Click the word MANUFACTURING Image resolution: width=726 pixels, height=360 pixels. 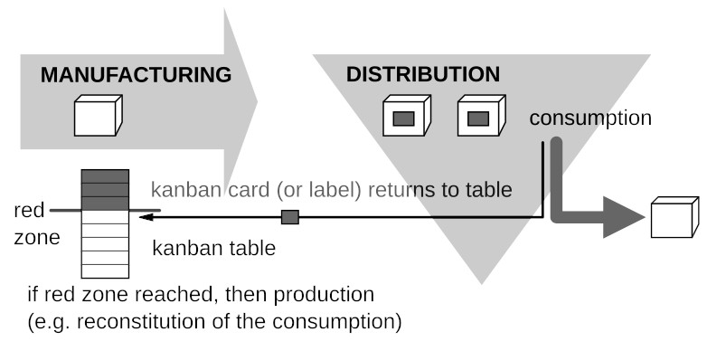pos(136,74)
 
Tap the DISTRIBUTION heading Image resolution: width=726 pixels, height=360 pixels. pos(422,73)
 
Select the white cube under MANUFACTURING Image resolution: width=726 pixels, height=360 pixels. pos(97,117)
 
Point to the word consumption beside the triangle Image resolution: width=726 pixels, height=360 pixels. pos(590,118)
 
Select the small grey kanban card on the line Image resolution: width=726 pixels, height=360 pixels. pos(290,217)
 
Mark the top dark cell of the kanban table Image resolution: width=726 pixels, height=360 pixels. pos(105,176)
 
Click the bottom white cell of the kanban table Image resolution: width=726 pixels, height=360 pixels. pos(105,270)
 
